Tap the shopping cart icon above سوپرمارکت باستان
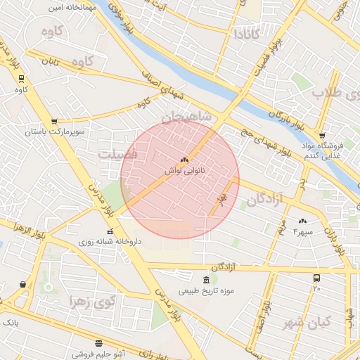54,121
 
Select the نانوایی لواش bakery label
184,171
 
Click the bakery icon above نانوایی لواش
184,160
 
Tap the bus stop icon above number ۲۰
316,278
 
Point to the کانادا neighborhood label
250,33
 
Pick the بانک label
10,322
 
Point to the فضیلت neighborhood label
118,153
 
